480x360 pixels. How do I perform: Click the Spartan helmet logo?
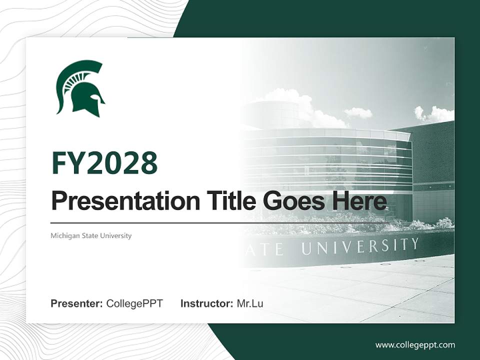click(80, 89)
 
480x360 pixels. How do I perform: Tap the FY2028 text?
click(104, 163)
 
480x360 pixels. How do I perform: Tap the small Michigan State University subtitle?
click(91, 235)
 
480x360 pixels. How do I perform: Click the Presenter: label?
click(76, 303)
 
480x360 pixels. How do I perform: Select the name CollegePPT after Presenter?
click(134, 303)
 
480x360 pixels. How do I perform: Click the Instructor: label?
click(206, 303)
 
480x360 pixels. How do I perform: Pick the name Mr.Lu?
click(250, 303)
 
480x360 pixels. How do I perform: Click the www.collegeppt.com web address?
click(415, 344)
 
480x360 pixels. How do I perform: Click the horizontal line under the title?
click(220, 222)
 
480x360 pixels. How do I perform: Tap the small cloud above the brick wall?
click(358, 112)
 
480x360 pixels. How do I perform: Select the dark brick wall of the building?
click(432, 155)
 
